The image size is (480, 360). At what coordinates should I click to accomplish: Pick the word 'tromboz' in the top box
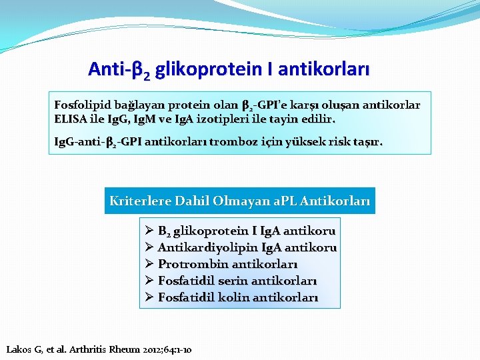click(x=231, y=141)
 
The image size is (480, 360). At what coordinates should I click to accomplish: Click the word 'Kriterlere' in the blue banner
click(x=139, y=201)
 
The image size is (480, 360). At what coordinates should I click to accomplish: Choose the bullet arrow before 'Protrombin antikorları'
click(x=149, y=264)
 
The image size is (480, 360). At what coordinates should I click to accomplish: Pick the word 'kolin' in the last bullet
click(x=237, y=297)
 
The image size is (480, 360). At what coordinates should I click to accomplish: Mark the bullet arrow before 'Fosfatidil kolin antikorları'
click(x=149, y=297)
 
